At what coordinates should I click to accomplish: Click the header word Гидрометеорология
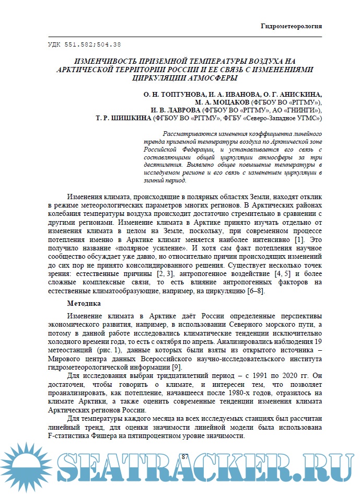tap(291, 26)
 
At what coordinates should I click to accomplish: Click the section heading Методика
tap(84, 303)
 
